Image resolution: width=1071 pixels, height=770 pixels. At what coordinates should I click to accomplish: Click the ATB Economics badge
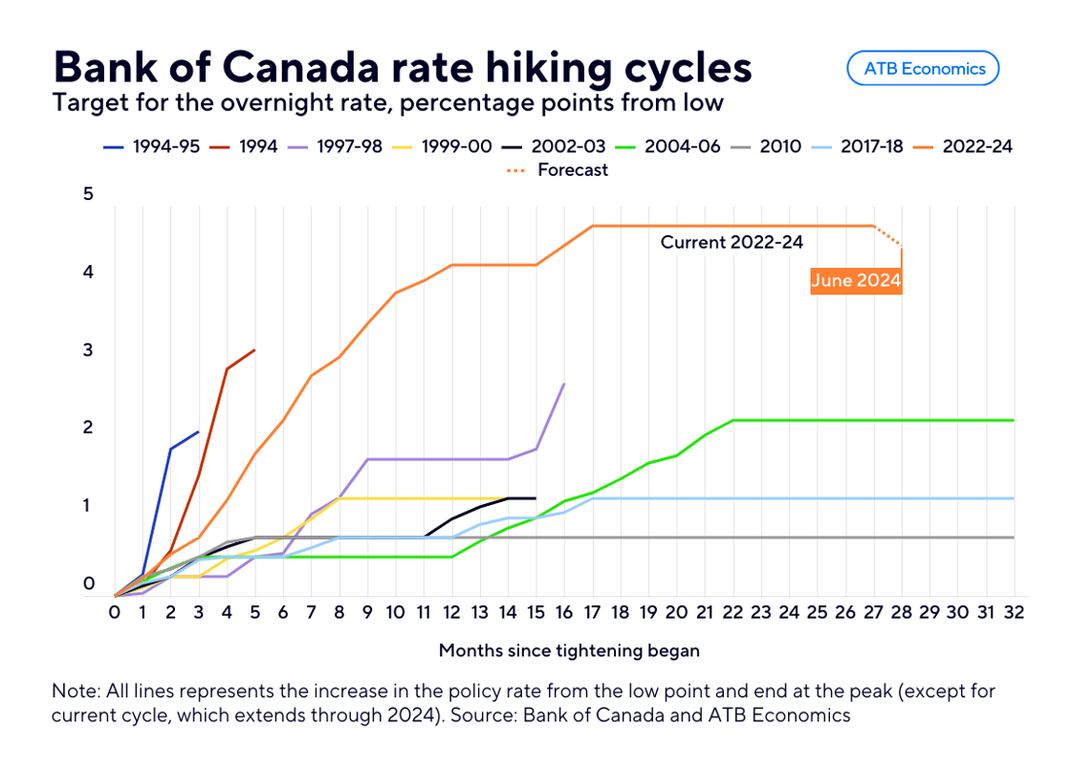coord(923,68)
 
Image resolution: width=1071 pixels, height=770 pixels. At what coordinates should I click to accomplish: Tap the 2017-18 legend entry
coord(859,146)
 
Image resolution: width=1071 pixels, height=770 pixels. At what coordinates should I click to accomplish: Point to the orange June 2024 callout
coord(856,281)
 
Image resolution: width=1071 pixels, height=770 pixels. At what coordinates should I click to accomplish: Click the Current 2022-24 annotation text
coord(732,243)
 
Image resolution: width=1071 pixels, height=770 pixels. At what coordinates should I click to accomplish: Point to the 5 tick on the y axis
coord(89,194)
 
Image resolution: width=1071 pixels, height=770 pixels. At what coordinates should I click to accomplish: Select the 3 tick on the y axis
coord(89,350)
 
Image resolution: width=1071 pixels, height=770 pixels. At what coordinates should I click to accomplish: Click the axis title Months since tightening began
coord(569,650)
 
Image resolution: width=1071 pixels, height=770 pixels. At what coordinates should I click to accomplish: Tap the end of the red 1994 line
coord(254,350)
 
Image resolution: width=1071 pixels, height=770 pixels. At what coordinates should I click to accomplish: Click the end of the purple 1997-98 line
coord(564,385)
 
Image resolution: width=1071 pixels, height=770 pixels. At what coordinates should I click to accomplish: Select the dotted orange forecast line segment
coord(888,236)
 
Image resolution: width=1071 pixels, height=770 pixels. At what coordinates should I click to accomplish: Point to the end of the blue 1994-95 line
coord(198,432)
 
